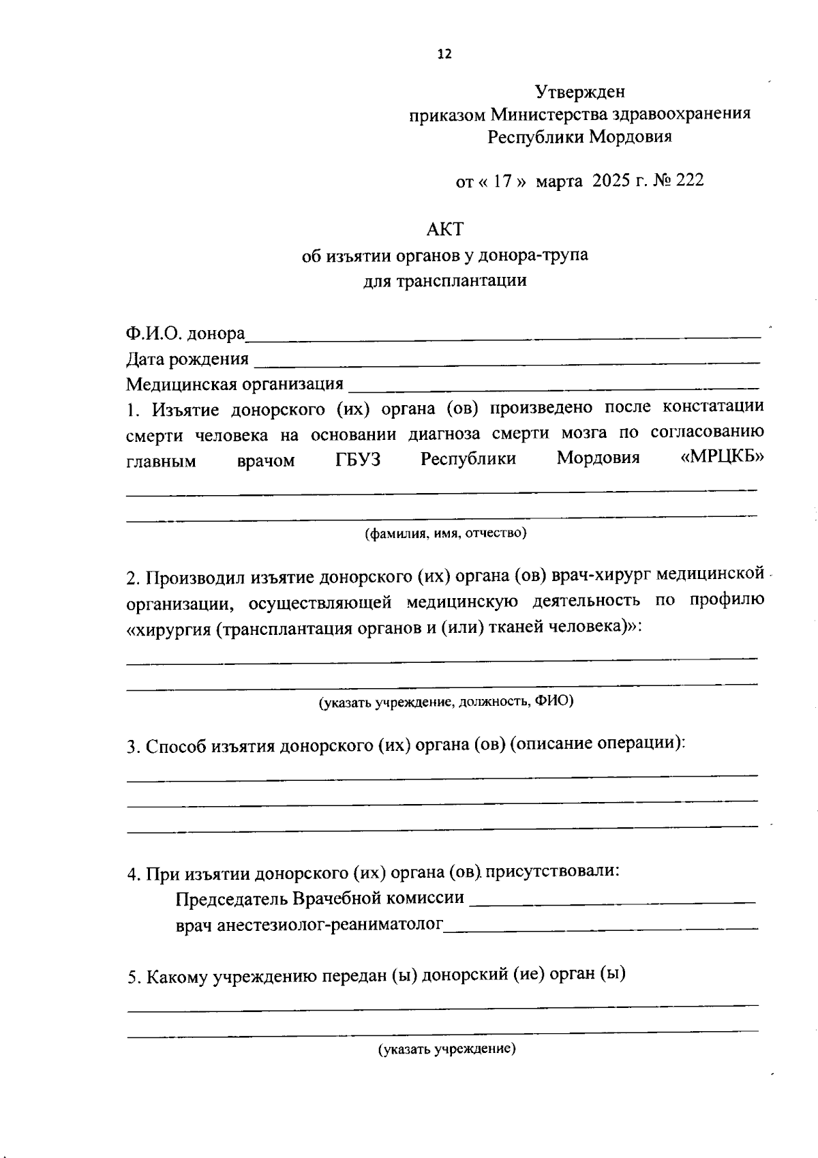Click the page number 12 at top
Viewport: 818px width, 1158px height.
click(x=444, y=55)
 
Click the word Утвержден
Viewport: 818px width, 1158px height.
click(x=579, y=91)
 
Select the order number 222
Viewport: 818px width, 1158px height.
click(x=690, y=181)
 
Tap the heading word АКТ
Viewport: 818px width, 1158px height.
click(x=444, y=229)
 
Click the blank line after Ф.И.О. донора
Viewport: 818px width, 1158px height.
click(x=503, y=336)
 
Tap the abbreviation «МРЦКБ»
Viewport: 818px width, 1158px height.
click(x=721, y=458)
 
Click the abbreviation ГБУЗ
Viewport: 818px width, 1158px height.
click(x=358, y=460)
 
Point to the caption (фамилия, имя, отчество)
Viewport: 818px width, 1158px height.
click(x=445, y=533)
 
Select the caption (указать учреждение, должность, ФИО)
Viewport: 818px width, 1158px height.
click(x=446, y=701)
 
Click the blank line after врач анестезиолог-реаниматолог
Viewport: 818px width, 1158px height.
click(x=601, y=927)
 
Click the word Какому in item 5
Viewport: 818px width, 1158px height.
click(x=177, y=976)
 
